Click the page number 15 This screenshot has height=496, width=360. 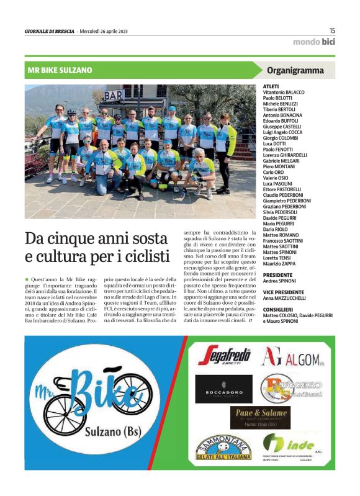(x=332, y=30)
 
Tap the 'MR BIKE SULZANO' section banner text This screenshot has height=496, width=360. (x=60, y=70)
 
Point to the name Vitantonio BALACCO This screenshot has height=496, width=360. (x=284, y=92)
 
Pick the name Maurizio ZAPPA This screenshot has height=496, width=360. (x=281, y=264)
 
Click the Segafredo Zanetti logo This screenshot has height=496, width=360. (x=224, y=357)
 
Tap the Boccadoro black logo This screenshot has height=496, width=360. (x=224, y=389)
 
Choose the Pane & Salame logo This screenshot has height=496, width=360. (x=260, y=417)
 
